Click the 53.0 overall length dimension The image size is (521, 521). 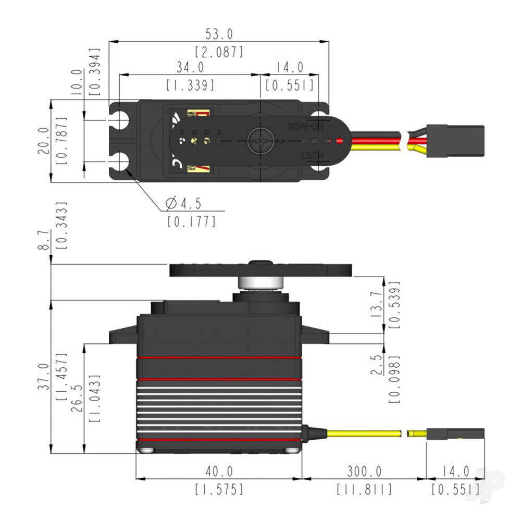coord(219,35)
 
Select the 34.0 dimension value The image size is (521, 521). coord(190,68)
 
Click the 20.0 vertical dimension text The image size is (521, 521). coord(43,141)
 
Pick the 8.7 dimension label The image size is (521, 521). coord(45,240)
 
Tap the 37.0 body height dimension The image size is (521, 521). coord(45,377)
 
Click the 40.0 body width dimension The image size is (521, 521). coord(219,472)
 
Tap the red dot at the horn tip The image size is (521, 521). coord(340,141)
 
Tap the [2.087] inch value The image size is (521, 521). coord(219,52)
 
